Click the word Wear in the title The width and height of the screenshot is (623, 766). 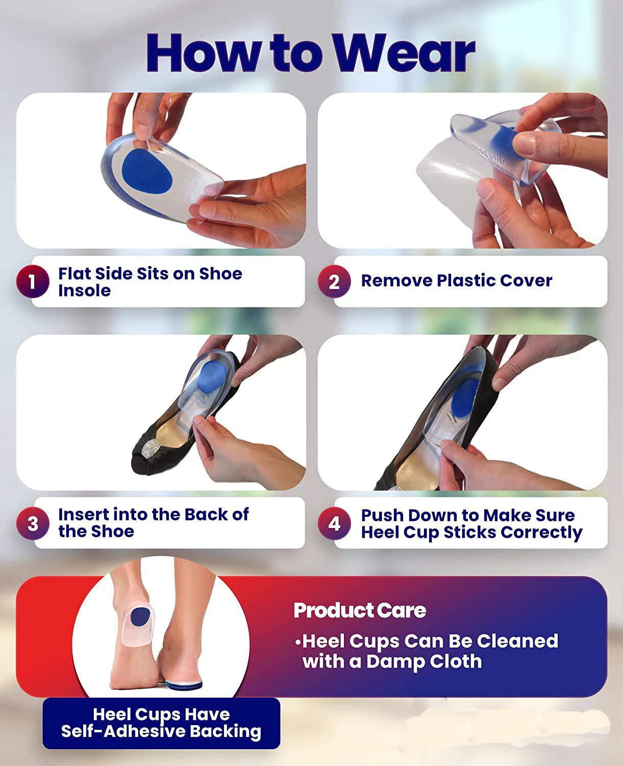pos(404,53)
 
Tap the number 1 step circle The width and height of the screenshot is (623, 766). pos(33,281)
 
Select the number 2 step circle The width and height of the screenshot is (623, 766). pos(334,281)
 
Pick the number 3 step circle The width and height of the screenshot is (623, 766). pos(33,523)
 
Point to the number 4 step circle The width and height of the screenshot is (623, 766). pos(334,523)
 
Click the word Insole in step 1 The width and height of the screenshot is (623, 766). pos(84,291)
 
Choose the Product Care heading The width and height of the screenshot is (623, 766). pos(360,610)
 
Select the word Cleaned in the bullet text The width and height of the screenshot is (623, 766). pos(517,641)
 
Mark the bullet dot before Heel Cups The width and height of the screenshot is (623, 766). pos(297,642)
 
